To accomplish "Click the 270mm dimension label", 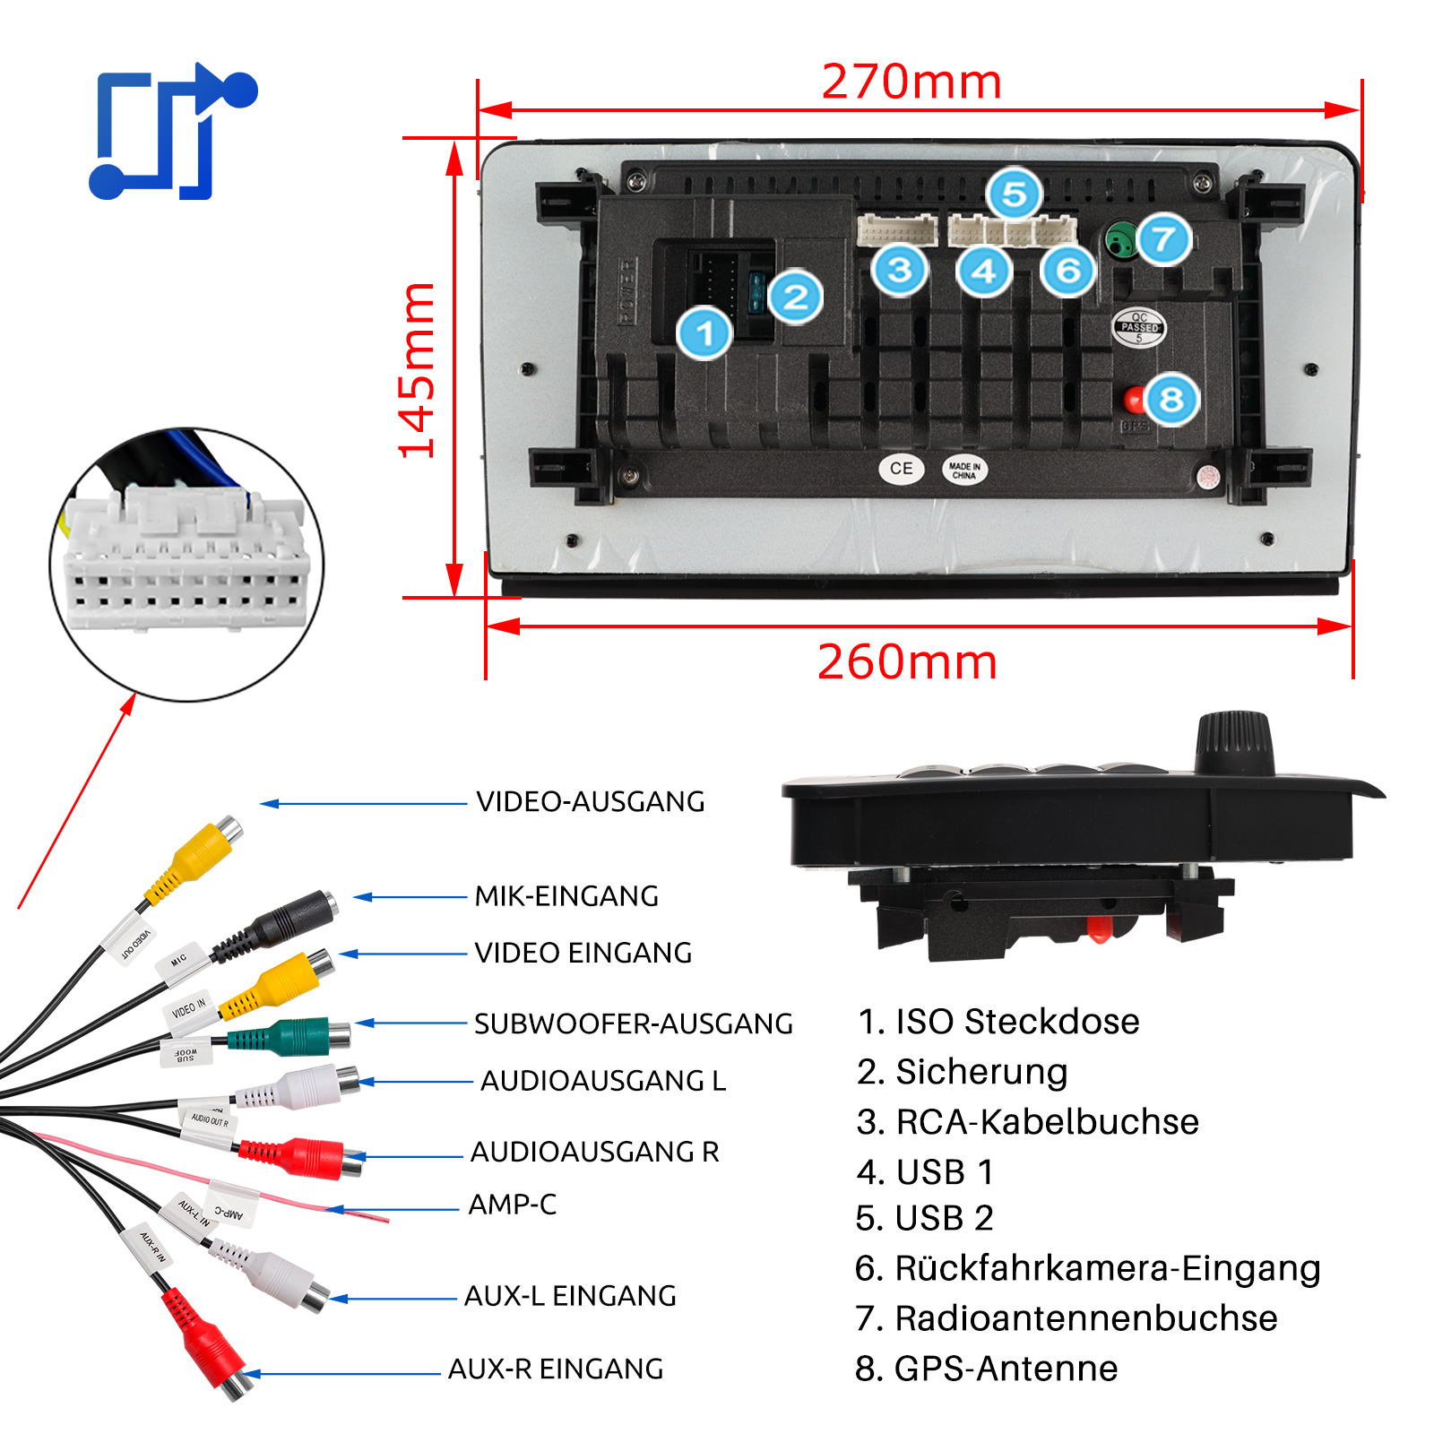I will click(911, 82).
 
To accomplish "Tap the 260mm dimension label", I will click(906, 662).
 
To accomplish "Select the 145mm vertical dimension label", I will click(418, 369).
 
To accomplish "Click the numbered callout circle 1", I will click(704, 333).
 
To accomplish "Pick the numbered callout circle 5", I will click(1014, 194).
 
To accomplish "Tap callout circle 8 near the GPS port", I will click(1171, 400).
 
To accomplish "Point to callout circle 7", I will click(1163, 239).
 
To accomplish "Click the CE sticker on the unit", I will click(901, 469).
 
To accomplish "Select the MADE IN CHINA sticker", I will click(964, 470).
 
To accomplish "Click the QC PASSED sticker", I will click(1138, 327).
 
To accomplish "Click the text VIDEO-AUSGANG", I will click(590, 801).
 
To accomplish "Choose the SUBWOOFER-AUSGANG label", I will click(633, 1024).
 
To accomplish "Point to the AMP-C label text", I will click(512, 1205).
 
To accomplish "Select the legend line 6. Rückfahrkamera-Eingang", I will click(1087, 1268).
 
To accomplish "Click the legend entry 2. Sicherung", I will click(962, 1072).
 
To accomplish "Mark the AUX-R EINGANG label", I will click(556, 1369).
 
